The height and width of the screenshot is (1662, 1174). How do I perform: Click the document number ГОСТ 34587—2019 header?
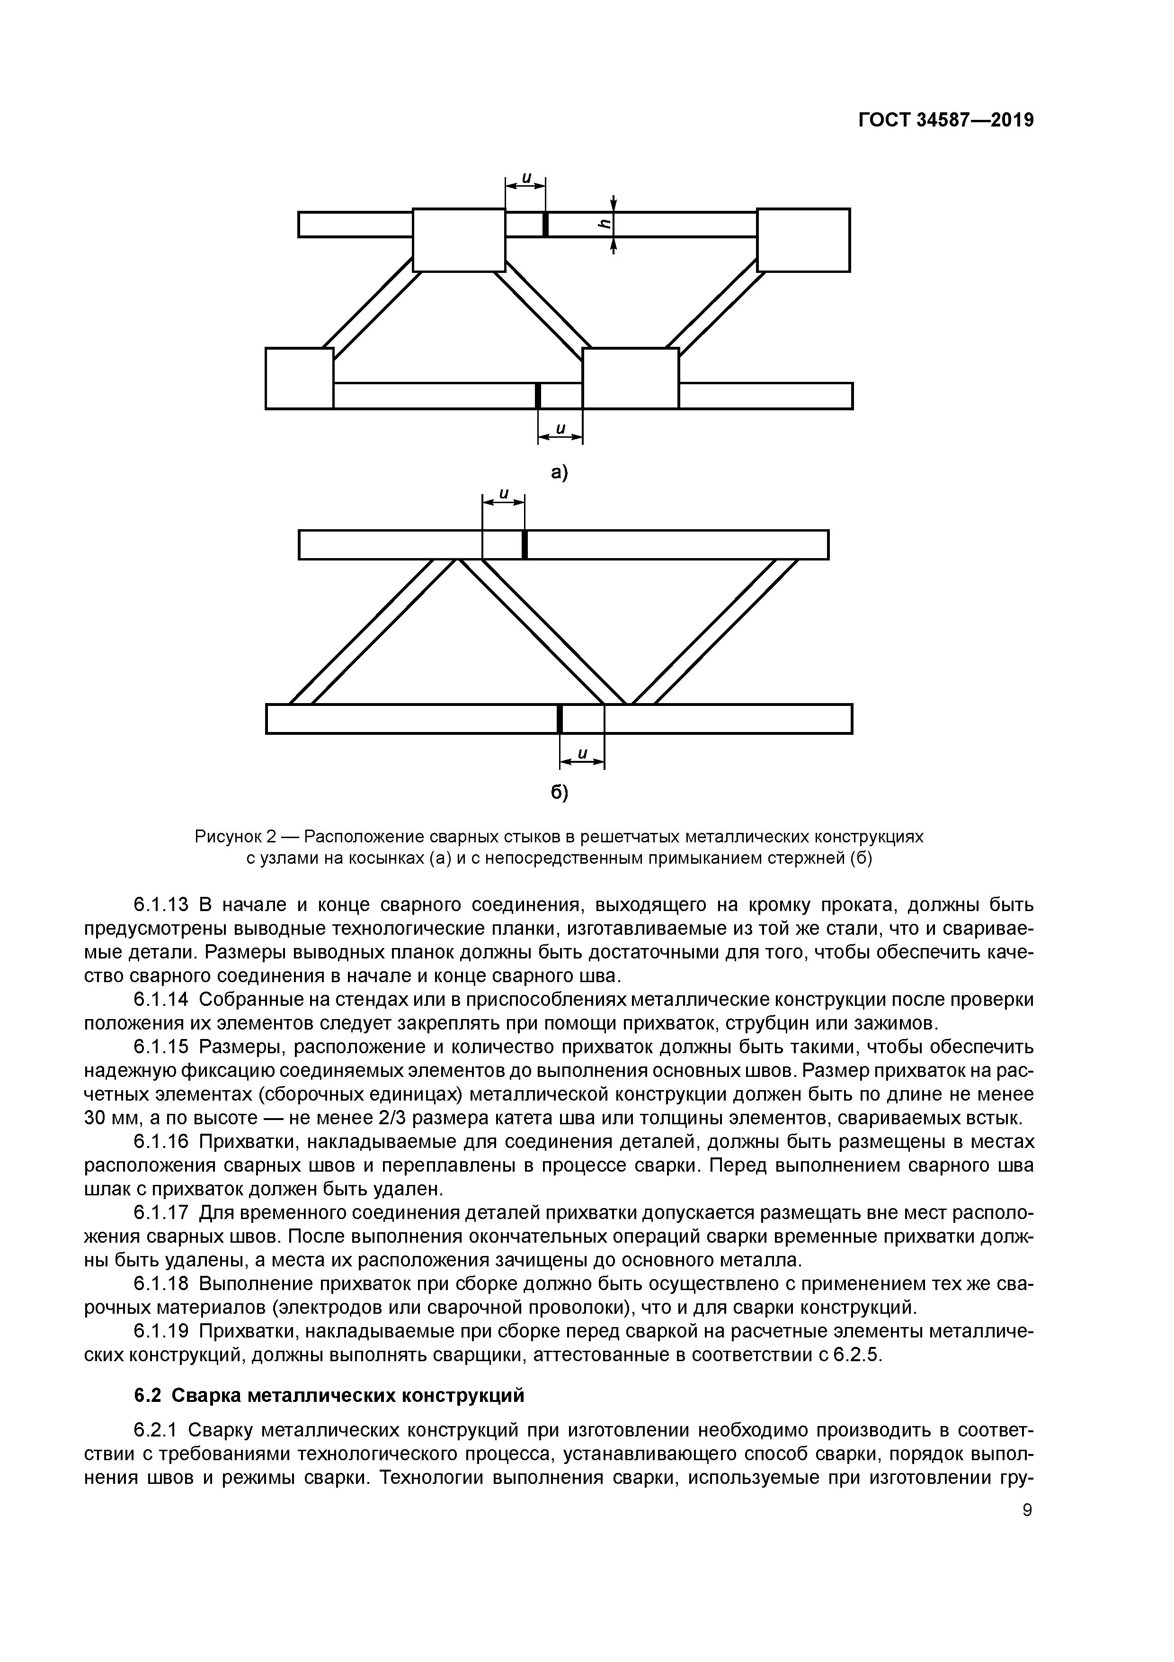click(945, 121)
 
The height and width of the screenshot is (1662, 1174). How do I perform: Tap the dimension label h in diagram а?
click(603, 225)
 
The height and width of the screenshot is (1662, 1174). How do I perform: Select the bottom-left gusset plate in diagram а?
click(300, 378)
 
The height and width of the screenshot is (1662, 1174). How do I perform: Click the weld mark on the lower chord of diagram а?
click(538, 395)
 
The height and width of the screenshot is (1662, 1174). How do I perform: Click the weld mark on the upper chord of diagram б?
click(525, 544)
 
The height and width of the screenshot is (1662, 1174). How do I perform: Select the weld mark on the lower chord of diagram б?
click(560, 718)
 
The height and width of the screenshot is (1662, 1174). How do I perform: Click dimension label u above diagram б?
click(504, 494)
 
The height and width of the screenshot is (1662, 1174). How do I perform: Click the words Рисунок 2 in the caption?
click(235, 837)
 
